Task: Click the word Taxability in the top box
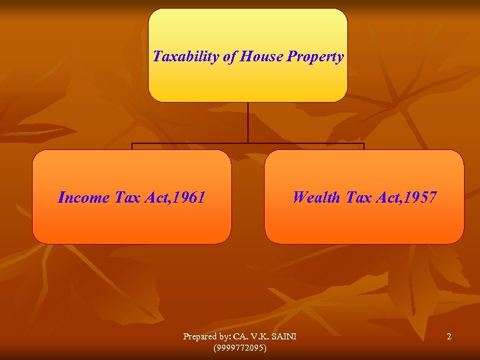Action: tap(186, 57)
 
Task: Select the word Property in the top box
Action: tap(315, 57)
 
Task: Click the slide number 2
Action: tap(449, 337)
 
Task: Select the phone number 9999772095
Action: tap(239, 348)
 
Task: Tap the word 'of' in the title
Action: tap(230, 57)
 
